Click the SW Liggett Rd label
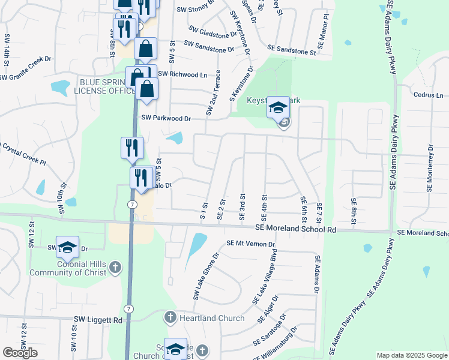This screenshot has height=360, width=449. pyautogui.click(x=98, y=320)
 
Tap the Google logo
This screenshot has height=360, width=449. pyautogui.click(x=20, y=353)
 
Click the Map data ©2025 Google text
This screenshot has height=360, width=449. pyautogui.click(x=411, y=355)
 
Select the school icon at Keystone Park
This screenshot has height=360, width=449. pyautogui.click(x=278, y=107)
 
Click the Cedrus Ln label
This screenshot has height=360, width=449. pyautogui.click(x=428, y=95)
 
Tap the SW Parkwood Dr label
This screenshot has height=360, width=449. pyautogui.click(x=166, y=119)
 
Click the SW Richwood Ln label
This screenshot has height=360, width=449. pyautogui.click(x=182, y=74)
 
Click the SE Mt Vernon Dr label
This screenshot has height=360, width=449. pyautogui.click(x=250, y=244)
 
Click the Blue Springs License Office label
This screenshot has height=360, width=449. pyautogui.click(x=103, y=86)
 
